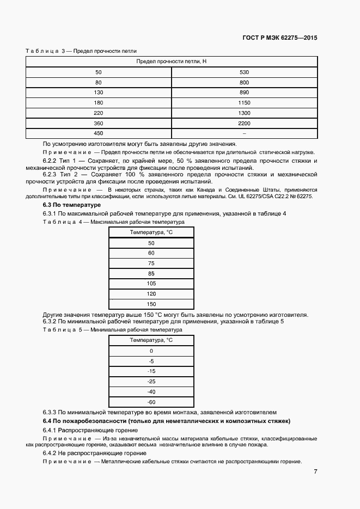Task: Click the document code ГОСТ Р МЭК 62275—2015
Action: coord(279,38)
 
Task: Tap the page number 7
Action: coord(316,471)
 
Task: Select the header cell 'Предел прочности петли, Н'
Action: coord(171,62)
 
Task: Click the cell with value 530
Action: coord(244,72)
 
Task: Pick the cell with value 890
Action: coord(244,93)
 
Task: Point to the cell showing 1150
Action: coord(244,103)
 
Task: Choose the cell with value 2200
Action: coord(244,124)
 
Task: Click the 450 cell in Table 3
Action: coord(99,133)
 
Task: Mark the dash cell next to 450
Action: coord(244,133)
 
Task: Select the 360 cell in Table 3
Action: coord(99,124)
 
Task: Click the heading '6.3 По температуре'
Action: coord(64,205)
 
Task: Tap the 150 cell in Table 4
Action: coord(151,304)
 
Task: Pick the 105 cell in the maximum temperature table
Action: coord(151,284)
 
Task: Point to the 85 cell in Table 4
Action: coord(151,273)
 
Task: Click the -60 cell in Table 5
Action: coord(151,402)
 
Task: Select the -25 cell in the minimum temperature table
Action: coord(151,381)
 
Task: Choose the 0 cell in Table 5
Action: coord(151,351)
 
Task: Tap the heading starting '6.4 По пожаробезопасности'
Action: coord(167,421)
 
